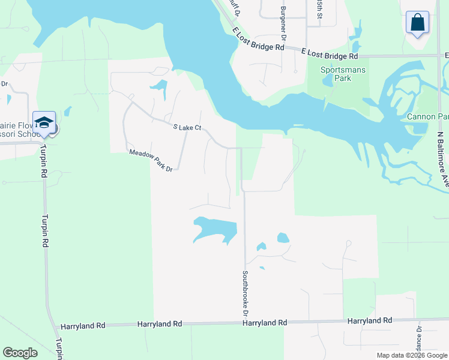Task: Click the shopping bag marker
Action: tap(417, 23)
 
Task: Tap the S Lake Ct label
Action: tap(186, 128)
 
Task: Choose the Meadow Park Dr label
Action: tap(151, 161)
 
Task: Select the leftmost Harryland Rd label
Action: tap(83, 325)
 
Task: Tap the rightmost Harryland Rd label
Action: tap(370, 321)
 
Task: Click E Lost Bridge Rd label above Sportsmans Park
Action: tap(329, 55)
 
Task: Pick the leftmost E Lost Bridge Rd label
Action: tap(259, 40)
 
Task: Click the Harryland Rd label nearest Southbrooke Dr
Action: tap(264, 323)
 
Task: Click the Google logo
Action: tap(20, 353)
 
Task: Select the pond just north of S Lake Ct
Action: tap(160, 89)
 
